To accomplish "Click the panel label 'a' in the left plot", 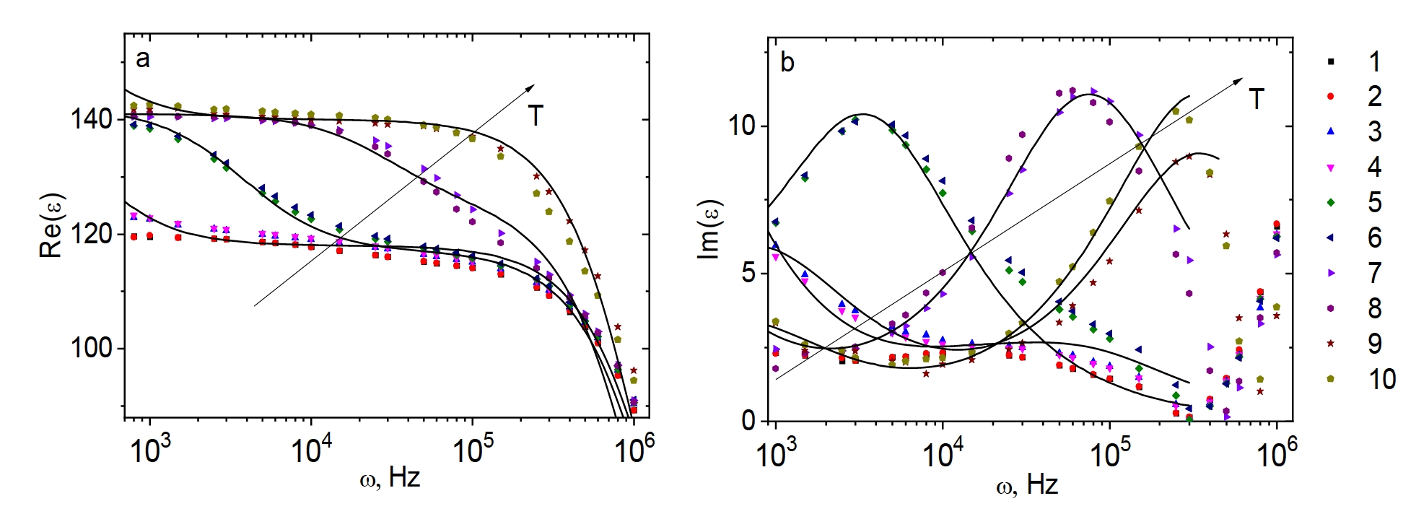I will [143, 59].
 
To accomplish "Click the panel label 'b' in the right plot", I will [787, 64].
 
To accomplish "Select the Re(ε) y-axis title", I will [51, 225].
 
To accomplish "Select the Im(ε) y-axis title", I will [712, 229].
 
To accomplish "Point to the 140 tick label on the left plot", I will [91, 120].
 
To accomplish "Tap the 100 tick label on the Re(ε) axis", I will [91, 348].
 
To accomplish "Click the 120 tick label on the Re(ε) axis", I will [91, 234].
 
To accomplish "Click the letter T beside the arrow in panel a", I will [535, 116].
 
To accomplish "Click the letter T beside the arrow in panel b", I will [1257, 100].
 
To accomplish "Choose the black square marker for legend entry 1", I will [1331, 62].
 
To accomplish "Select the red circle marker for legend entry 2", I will [1331, 97].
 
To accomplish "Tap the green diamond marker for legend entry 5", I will [1331, 203].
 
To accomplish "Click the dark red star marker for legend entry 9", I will [1331, 344].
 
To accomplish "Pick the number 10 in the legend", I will [1381, 379].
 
